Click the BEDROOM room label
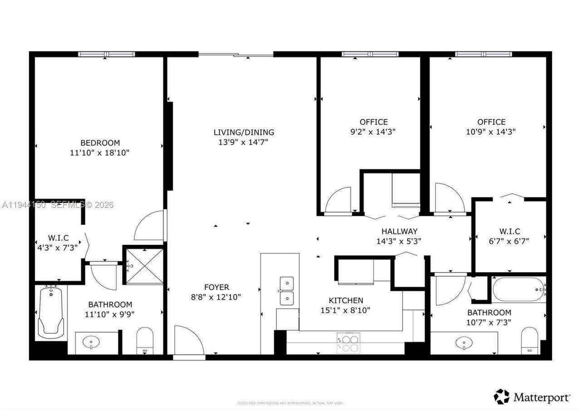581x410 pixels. click(100, 142)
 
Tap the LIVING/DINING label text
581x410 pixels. click(244, 132)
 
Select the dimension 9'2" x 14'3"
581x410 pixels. click(374, 132)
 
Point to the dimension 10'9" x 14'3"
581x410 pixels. click(491, 132)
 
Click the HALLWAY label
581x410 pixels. click(399, 231)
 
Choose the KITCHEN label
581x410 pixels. click(346, 300)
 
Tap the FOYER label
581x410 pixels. click(217, 287)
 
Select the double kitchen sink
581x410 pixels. click(286, 291)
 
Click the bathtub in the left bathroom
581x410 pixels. click(50, 312)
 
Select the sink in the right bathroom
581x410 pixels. click(464, 342)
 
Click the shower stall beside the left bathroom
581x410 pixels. click(144, 266)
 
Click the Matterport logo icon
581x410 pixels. click(502, 397)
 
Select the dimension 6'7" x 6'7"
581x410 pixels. click(509, 241)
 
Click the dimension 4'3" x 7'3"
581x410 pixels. click(57, 248)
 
